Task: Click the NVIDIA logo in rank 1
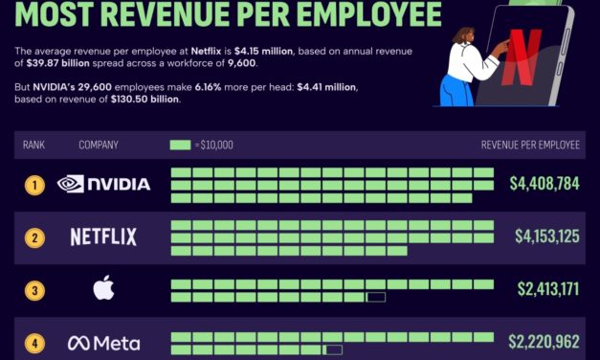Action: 103,184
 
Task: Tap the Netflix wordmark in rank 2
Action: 103,236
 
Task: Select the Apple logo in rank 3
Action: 103,288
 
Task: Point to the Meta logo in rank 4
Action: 103,343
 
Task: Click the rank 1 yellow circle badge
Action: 34,184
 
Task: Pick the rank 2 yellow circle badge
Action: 34,236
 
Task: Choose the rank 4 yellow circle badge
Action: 34,343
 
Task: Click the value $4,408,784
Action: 544,183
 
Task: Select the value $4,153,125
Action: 546,236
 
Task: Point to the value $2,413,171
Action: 548,288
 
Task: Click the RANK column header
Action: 34,146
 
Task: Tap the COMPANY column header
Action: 99,146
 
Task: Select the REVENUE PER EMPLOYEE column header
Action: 530,146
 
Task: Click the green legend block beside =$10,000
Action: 180,146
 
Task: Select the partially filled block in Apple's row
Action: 375,298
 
